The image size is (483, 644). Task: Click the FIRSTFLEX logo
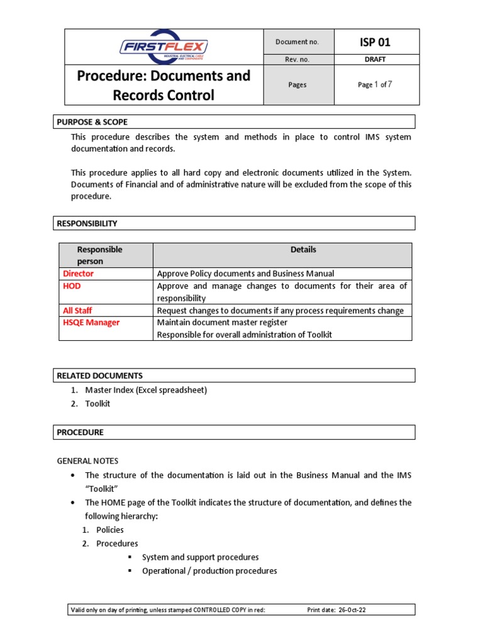[164, 47]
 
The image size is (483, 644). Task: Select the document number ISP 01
[375, 42]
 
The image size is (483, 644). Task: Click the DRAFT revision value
[375, 60]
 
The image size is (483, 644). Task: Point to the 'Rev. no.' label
[297, 60]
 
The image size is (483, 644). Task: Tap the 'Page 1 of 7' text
[375, 84]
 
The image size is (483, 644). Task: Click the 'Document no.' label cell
[297, 42]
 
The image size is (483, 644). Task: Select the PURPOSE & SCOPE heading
[92, 122]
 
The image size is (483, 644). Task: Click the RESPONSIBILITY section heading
[87, 223]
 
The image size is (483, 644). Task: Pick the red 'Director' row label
[79, 274]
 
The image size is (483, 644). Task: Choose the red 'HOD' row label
[72, 286]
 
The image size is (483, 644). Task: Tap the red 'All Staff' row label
[78, 310]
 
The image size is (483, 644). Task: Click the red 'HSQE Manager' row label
[91, 322]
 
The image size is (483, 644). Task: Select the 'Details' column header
[303, 250]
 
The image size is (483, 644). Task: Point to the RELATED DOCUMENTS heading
[99, 375]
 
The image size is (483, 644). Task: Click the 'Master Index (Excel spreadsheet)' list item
[146, 390]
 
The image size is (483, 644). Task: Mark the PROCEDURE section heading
[80, 432]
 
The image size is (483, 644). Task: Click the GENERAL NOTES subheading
[87, 461]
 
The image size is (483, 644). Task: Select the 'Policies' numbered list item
[110, 530]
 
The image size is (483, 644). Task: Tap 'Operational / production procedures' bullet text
[209, 571]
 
